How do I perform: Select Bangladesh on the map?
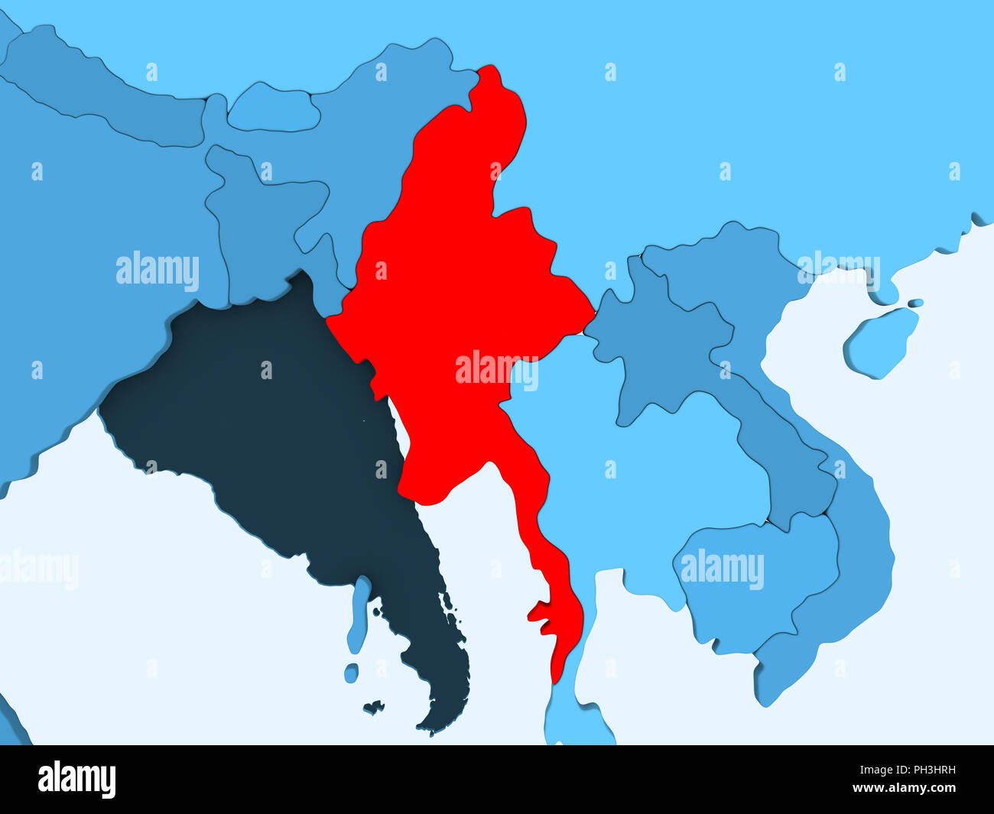click(x=260, y=222)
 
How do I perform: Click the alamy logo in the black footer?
click(x=76, y=780)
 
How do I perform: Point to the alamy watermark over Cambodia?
click(x=722, y=569)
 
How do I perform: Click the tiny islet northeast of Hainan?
click(x=914, y=303)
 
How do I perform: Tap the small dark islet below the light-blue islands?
click(x=373, y=707)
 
